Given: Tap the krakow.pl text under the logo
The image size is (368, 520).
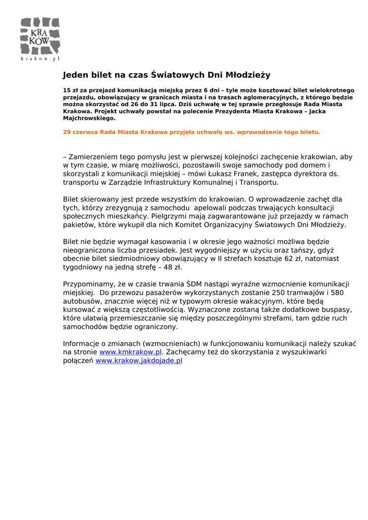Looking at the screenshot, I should click(x=40, y=58).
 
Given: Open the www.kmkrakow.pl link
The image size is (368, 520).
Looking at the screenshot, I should click(x=130, y=351).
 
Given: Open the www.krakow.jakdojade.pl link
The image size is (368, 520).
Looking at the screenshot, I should click(x=139, y=361).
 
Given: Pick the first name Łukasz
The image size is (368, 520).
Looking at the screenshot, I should click(x=204, y=174).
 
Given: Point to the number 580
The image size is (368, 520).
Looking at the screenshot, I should click(x=337, y=292).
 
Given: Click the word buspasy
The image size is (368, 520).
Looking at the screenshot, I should click(x=337, y=309).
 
